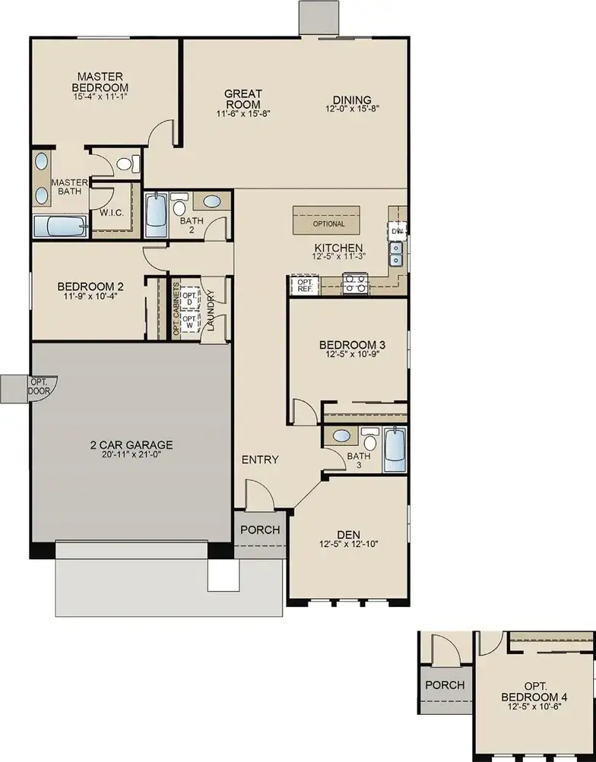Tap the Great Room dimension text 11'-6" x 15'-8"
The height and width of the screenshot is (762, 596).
tap(243, 113)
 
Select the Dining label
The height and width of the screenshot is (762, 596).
tap(351, 100)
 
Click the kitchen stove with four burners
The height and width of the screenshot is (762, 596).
tap(355, 285)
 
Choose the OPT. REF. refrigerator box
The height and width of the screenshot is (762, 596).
tap(305, 286)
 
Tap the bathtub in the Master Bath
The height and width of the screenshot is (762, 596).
tap(61, 226)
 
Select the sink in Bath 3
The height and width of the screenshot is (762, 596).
tap(341, 437)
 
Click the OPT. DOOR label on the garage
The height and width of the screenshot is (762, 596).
tap(38, 385)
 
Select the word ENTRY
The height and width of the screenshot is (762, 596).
tap(260, 460)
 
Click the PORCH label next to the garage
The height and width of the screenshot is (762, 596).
tap(260, 530)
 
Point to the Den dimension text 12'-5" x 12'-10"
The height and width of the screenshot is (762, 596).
tap(350, 544)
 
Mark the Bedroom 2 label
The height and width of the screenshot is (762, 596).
tap(90, 286)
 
